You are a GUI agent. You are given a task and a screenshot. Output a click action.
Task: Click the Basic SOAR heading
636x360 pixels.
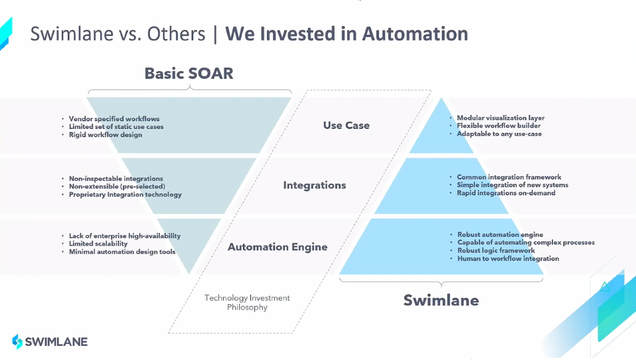click(189, 73)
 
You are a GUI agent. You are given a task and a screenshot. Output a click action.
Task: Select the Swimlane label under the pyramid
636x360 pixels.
click(441, 300)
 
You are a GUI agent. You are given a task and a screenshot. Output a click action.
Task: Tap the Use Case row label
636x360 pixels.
click(346, 126)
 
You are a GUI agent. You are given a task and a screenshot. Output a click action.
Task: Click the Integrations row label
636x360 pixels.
click(314, 185)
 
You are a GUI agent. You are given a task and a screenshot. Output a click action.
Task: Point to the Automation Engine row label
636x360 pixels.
click(278, 247)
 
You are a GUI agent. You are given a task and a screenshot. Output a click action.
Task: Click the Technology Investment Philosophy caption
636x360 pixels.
click(247, 303)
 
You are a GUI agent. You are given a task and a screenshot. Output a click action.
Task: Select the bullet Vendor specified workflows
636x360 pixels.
click(114, 119)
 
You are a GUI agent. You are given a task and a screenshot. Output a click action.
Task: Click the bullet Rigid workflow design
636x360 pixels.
click(106, 135)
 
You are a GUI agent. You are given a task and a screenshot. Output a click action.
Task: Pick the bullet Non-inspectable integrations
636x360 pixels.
click(116, 179)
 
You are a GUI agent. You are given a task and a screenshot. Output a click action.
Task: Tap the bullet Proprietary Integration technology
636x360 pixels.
click(125, 195)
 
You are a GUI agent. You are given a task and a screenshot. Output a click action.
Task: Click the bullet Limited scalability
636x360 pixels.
click(98, 244)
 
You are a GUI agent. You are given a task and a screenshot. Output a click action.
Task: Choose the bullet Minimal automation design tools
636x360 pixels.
click(122, 252)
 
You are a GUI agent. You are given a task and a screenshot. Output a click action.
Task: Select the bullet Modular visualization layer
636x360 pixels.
click(500, 118)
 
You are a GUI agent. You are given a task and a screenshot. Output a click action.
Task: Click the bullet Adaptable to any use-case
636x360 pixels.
click(499, 134)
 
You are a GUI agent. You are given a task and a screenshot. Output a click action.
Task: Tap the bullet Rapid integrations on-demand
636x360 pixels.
click(506, 193)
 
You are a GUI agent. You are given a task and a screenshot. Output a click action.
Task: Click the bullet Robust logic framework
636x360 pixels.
click(496, 250)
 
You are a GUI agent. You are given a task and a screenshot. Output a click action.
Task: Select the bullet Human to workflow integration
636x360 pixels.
click(508, 258)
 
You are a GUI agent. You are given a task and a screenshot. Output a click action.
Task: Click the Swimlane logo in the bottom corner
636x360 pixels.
click(50, 342)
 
